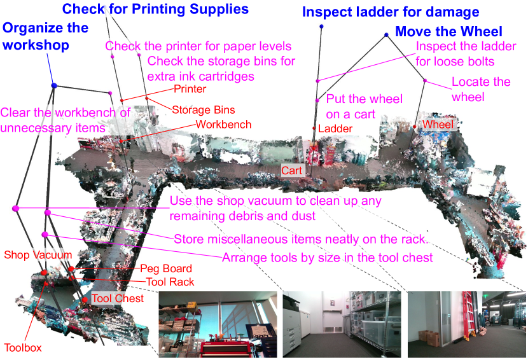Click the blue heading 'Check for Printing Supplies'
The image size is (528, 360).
click(x=155, y=9)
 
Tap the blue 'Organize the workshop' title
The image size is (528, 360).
click(x=45, y=36)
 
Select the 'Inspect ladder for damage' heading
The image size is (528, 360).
click(x=391, y=12)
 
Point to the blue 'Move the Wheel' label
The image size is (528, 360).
click(x=448, y=31)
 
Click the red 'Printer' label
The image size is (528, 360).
click(x=190, y=89)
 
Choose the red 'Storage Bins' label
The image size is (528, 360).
click(x=204, y=110)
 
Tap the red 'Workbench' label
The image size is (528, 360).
click(x=223, y=124)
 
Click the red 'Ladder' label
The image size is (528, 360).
click(x=335, y=128)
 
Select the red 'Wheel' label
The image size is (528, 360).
click(x=438, y=124)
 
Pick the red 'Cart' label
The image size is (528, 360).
click(x=291, y=170)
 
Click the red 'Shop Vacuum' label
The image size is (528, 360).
click(x=38, y=254)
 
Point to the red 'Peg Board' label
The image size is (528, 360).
click(x=165, y=268)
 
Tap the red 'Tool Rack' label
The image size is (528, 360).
click(x=170, y=282)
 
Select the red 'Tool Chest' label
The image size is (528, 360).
click(x=118, y=298)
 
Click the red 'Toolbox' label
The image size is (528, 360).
click(x=23, y=347)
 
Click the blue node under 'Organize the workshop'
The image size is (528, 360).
click(x=54, y=85)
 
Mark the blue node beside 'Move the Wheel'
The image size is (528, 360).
click(x=386, y=35)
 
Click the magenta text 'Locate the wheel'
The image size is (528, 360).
click(x=481, y=89)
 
